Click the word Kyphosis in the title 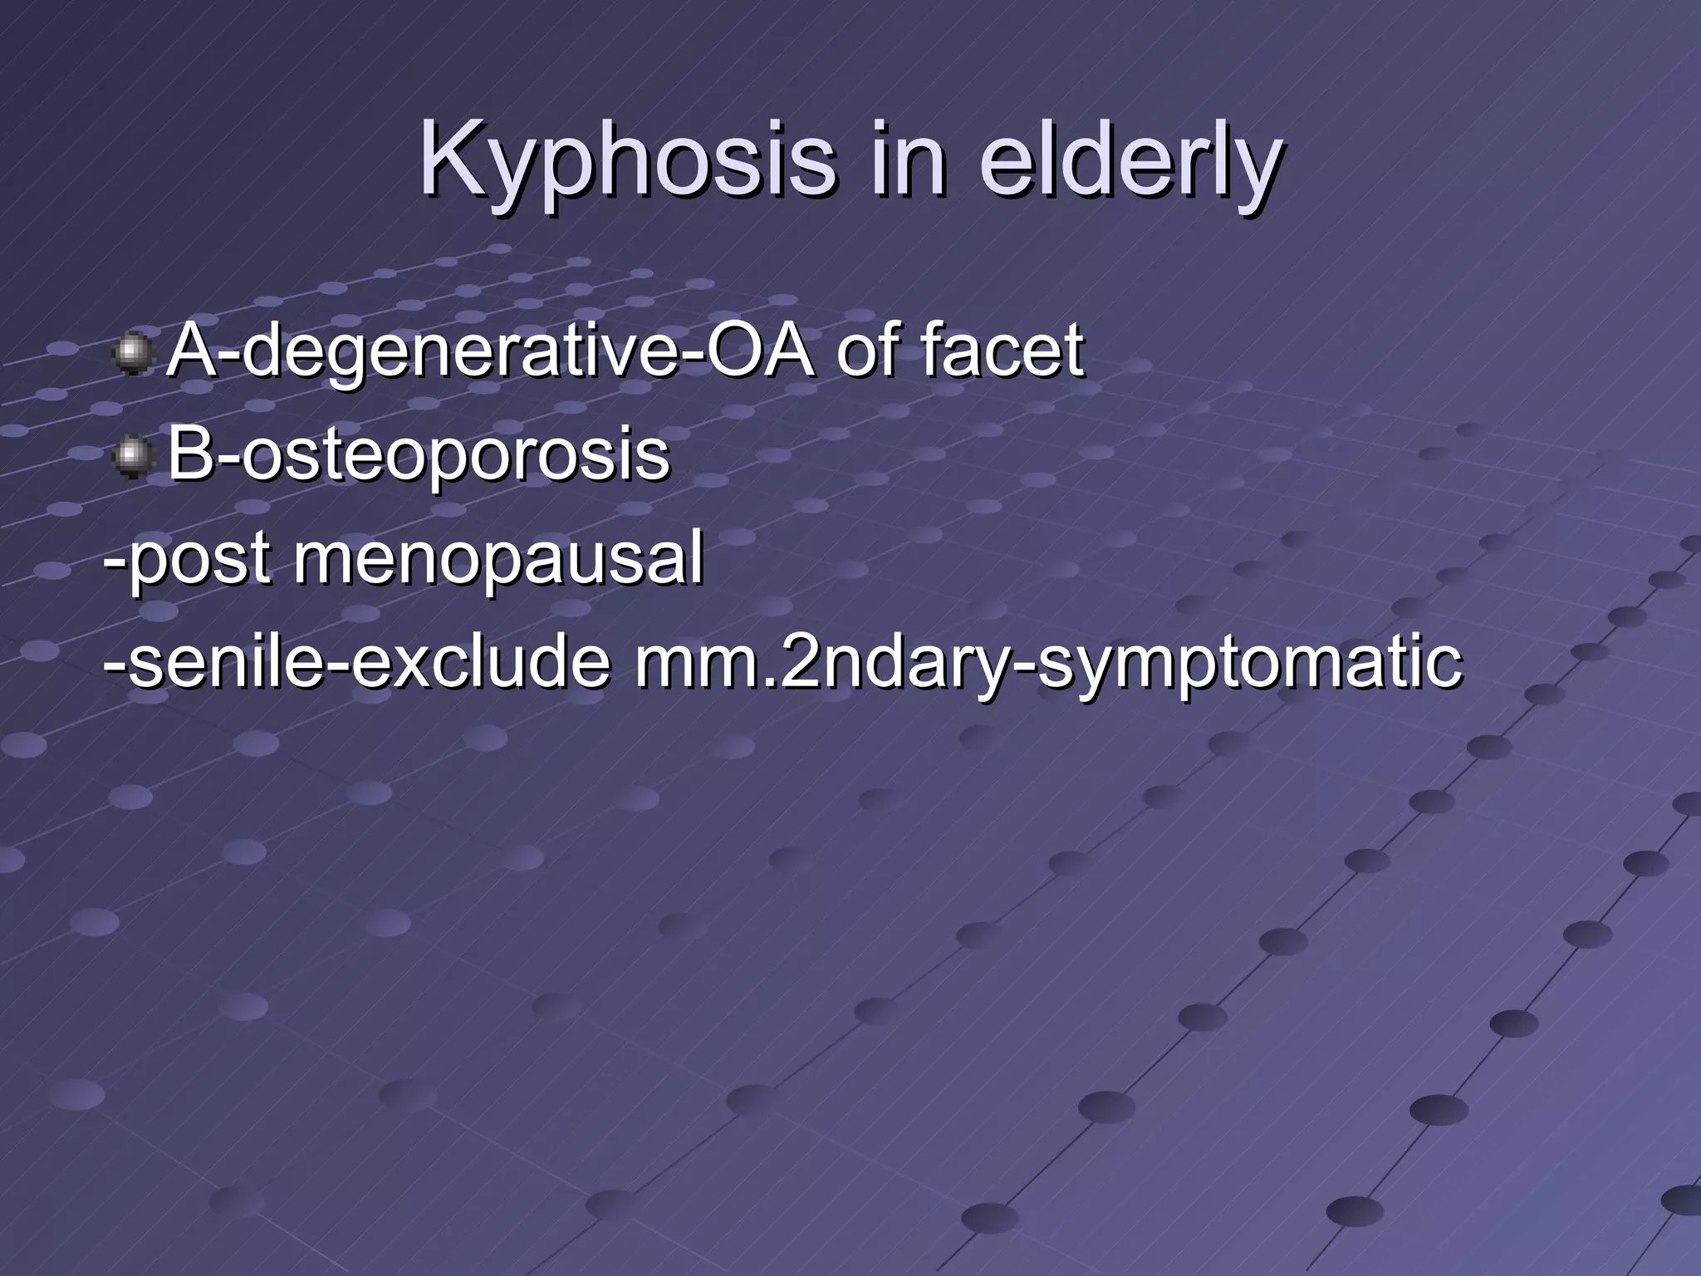(627, 159)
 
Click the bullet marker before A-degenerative (131, 353)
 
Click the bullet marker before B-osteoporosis (131, 456)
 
